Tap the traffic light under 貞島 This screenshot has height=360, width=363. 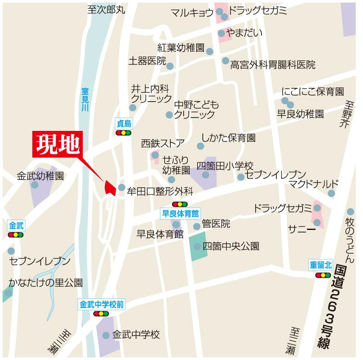click(x=124, y=133)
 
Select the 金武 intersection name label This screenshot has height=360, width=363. click(x=15, y=225)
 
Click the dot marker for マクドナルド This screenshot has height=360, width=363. click(x=331, y=193)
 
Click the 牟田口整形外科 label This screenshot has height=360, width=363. click(x=160, y=191)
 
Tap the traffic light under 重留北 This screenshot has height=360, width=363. click(x=323, y=275)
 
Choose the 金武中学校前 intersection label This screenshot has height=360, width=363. click(x=102, y=304)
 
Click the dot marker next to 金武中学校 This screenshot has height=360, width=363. click(x=106, y=335)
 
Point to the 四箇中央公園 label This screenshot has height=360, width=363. click(x=231, y=246)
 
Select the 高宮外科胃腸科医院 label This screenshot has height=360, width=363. click(x=272, y=65)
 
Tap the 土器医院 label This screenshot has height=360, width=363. click(x=147, y=61)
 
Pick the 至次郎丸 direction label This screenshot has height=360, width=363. click(x=106, y=9)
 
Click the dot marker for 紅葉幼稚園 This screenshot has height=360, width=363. click(x=210, y=51)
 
